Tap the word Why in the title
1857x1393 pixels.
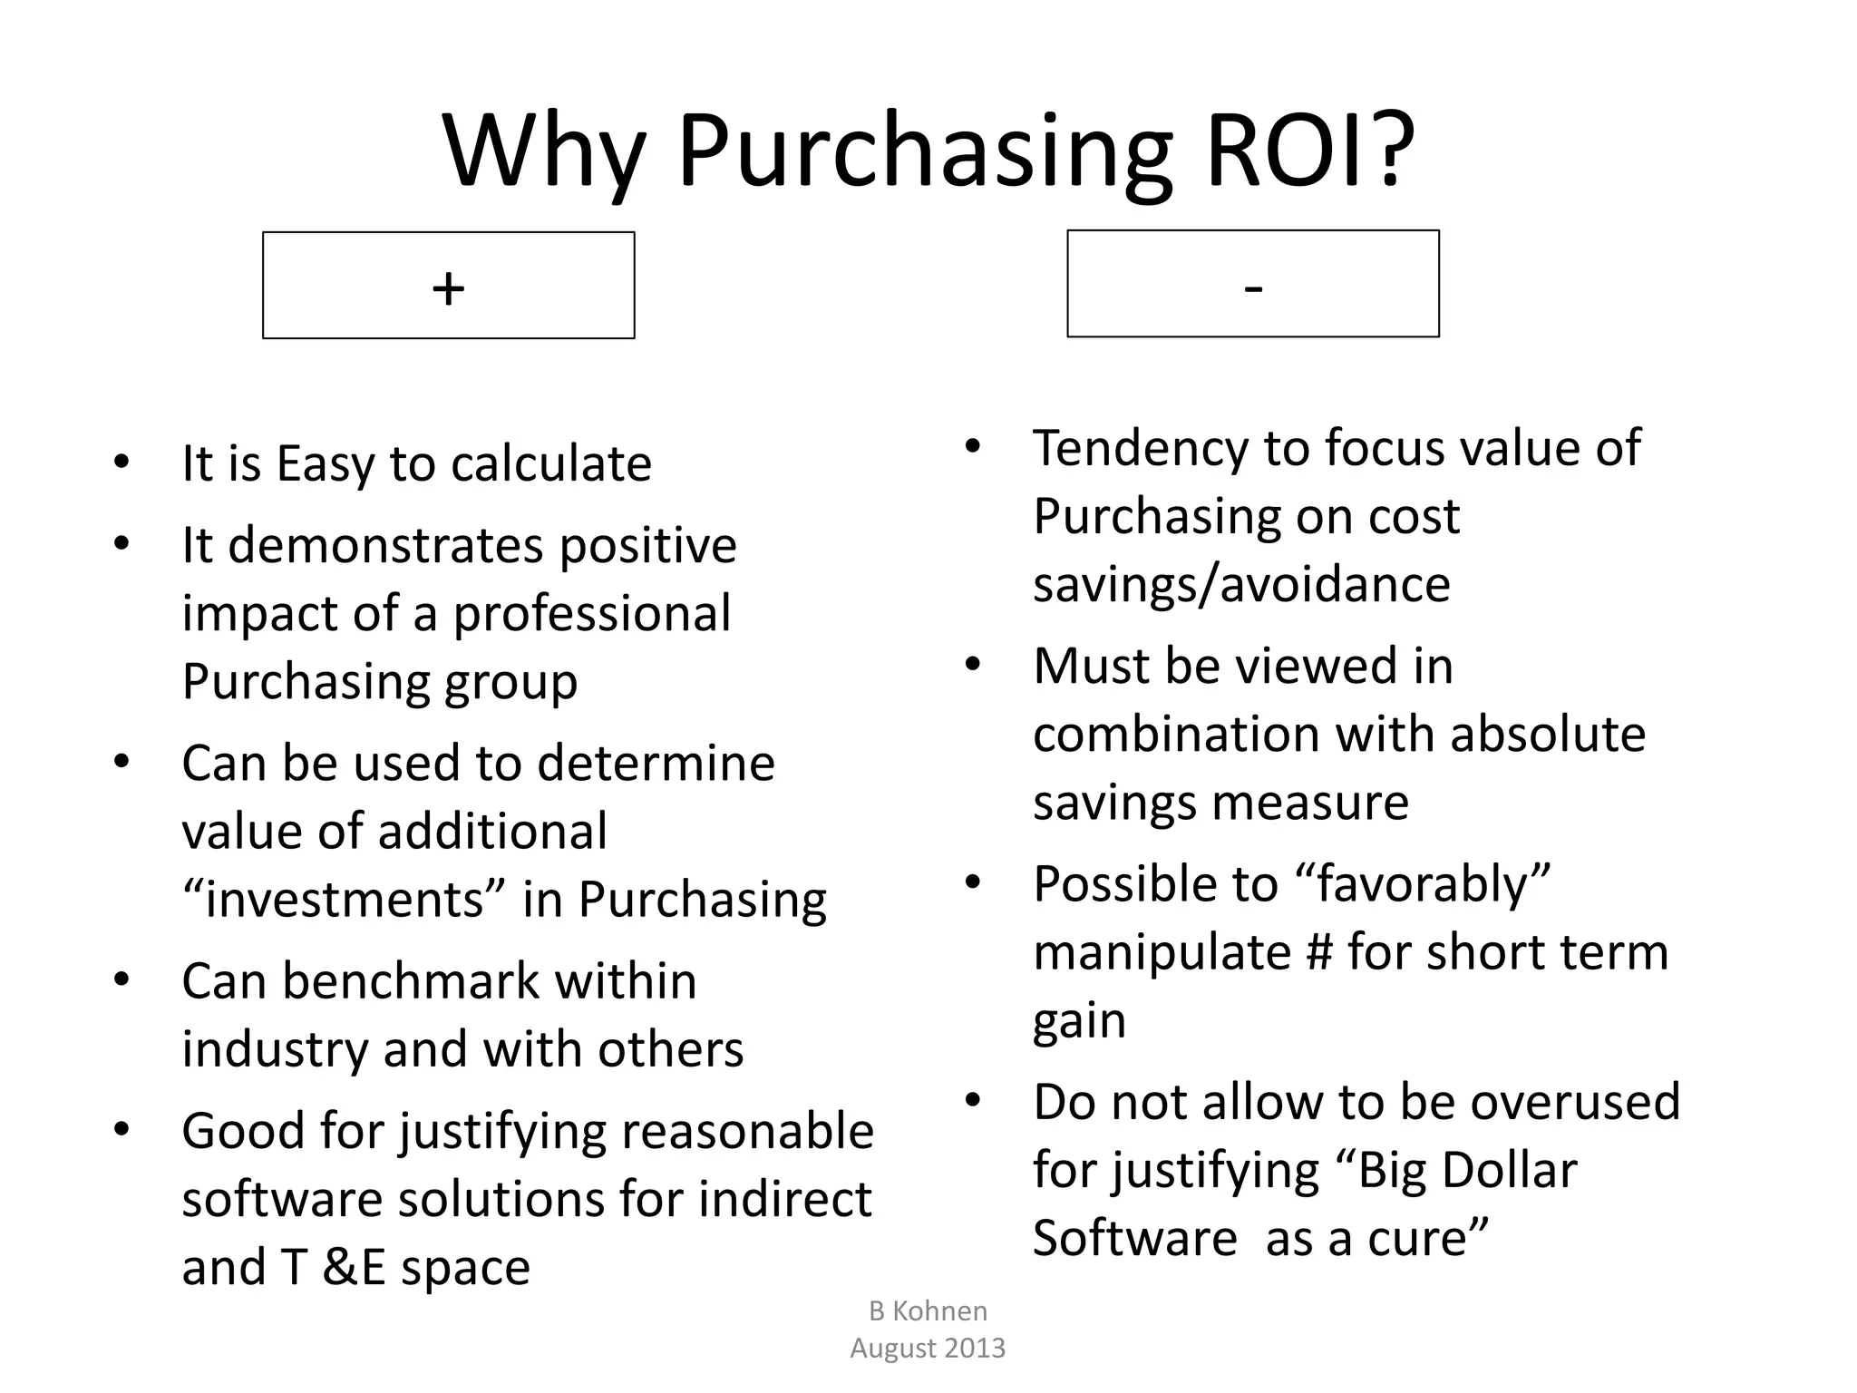tap(544, 150)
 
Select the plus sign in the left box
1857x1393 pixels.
tap(448, 288)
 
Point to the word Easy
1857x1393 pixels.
tap(326, 464)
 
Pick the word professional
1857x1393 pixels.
tap(591, 614)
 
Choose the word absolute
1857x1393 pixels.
tap(1547, 734)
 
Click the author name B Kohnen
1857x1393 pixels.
tap(928, 1310)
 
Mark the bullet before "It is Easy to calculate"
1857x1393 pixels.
tap(122, 462)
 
